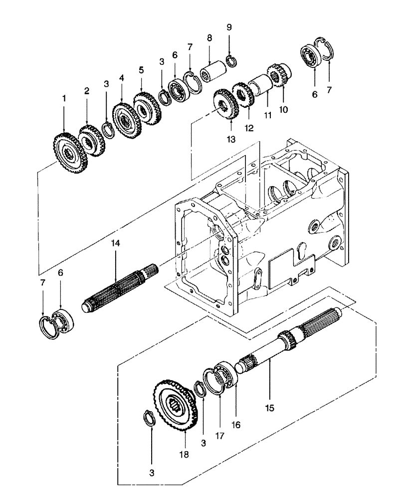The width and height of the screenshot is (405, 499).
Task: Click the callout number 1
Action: tap(64, 99)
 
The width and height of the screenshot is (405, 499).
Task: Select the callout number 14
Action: tap(116, 243)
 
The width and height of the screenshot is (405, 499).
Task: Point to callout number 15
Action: tap(269, 407)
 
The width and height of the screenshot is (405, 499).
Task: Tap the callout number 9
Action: tap(229, 27)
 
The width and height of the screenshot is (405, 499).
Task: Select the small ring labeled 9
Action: tap(231, 61)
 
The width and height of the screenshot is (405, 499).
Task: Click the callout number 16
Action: tap(235, 425)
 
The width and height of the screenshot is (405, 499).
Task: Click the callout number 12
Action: tap(249, 128)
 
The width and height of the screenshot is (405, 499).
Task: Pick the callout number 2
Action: tap(87, 91)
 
